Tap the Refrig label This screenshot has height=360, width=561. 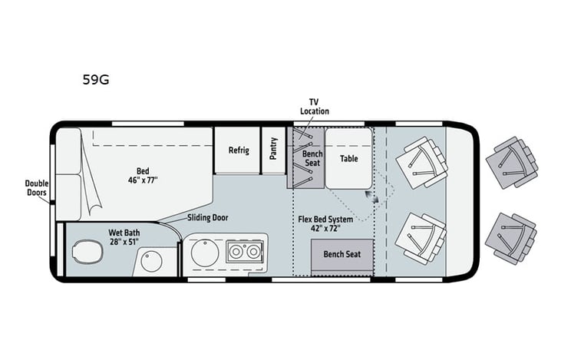[x=238, y=150]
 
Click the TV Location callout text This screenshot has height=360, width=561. [x=314, y=107]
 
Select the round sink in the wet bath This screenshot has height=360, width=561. [x=151, y=261]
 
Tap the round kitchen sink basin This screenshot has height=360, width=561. [x=205, y=253]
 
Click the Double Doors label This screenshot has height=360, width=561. [x=36, y=188]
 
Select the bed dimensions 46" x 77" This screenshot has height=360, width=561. [x=143, y=181]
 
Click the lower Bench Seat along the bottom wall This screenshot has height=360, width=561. [x=342, y=254]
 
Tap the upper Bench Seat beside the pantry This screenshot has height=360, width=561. [x=305, y=157]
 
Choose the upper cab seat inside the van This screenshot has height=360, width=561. [x=421, y=161]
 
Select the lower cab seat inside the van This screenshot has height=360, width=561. [x=421, y=238]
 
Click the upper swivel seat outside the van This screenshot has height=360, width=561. [x=511, y=162]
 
